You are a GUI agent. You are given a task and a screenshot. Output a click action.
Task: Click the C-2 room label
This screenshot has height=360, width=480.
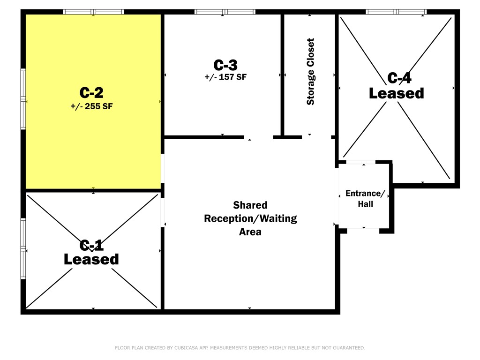pos(91,92)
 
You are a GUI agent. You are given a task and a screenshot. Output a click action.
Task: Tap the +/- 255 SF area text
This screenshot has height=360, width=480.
pos(91,106)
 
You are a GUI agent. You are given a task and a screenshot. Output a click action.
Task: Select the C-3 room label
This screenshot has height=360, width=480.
pos(225,65)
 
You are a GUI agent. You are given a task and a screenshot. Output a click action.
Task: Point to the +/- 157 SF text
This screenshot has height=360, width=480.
pos(225,77)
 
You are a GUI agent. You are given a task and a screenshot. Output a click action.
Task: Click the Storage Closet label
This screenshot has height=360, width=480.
pos(310,72)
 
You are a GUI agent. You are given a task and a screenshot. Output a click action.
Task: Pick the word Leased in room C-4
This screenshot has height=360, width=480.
pos(397,93)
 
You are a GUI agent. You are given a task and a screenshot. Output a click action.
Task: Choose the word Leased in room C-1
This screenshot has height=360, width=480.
pos(91,259)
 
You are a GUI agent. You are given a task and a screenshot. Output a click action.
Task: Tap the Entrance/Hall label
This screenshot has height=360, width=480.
pos(365,199)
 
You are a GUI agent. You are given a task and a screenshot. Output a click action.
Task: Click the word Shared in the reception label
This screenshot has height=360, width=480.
pos(250,205)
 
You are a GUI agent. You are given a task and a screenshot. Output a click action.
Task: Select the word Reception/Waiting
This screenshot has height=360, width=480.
pos(250,218)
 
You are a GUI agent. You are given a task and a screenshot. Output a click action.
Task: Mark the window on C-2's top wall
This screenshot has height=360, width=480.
pos(93,12)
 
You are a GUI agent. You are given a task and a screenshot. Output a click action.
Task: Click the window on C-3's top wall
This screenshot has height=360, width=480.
pos(225,12)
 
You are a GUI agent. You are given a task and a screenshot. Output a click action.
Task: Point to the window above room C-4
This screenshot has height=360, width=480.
pos(396,12)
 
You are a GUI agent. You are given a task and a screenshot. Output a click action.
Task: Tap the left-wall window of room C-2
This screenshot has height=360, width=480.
pos(23,99)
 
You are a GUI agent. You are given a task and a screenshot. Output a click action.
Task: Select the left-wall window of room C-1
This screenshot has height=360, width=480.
pos(23,248)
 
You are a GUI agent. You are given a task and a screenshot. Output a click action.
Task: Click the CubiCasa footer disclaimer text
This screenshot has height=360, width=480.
pos(240,348)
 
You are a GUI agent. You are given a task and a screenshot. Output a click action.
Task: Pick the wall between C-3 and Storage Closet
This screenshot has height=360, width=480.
pos(283,75)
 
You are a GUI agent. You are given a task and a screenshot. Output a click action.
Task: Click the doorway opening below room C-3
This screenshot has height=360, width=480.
pos(259,137)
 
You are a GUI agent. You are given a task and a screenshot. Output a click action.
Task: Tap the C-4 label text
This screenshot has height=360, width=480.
pos(399,78)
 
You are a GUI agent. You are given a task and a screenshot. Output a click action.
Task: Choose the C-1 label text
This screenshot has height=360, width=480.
pos(91,245)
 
